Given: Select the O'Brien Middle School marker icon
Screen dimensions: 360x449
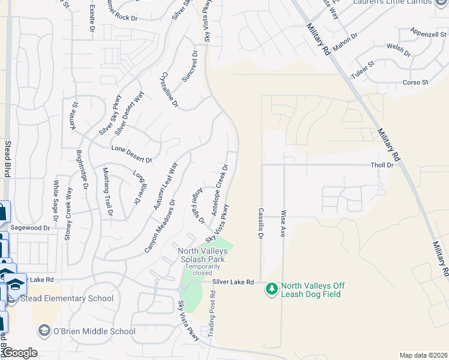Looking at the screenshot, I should pos(43,331).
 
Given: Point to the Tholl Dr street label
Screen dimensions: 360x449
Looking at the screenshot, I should pos(382,164).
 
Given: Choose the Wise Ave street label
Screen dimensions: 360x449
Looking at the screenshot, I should pos(282,224).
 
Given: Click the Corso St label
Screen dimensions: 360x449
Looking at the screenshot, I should pos(415,82).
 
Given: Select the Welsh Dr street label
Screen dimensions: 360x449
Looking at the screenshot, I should pos(399,49).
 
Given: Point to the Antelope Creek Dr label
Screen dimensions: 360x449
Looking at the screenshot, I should pos(219,190).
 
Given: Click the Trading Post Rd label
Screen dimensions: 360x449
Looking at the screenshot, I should pos(211,314).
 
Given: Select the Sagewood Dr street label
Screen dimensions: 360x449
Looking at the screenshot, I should pos(30,228).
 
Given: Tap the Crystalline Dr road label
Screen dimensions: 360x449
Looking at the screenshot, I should pos(170,90).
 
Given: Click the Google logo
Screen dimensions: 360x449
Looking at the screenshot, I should pos(20,353).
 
